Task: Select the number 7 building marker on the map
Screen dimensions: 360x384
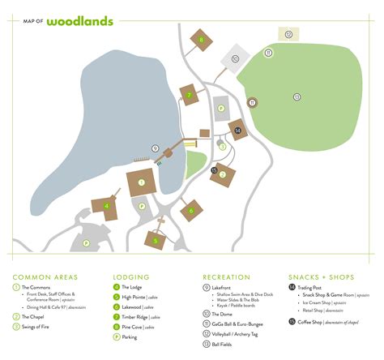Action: [189, 95]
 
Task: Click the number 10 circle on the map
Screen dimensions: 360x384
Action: [235, 59]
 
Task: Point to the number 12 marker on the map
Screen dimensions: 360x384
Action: [288, 34]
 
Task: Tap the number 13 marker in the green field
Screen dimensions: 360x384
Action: [297, 96]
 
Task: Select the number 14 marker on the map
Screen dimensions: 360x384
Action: [237, 129]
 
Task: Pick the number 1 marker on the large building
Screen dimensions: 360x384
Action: [142, 182]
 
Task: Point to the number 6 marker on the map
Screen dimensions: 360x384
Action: [192, 212]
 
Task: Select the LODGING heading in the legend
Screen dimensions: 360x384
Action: [131, 276]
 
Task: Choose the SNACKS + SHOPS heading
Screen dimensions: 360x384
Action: [322, 276]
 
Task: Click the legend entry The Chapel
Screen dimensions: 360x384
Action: [33, 316]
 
